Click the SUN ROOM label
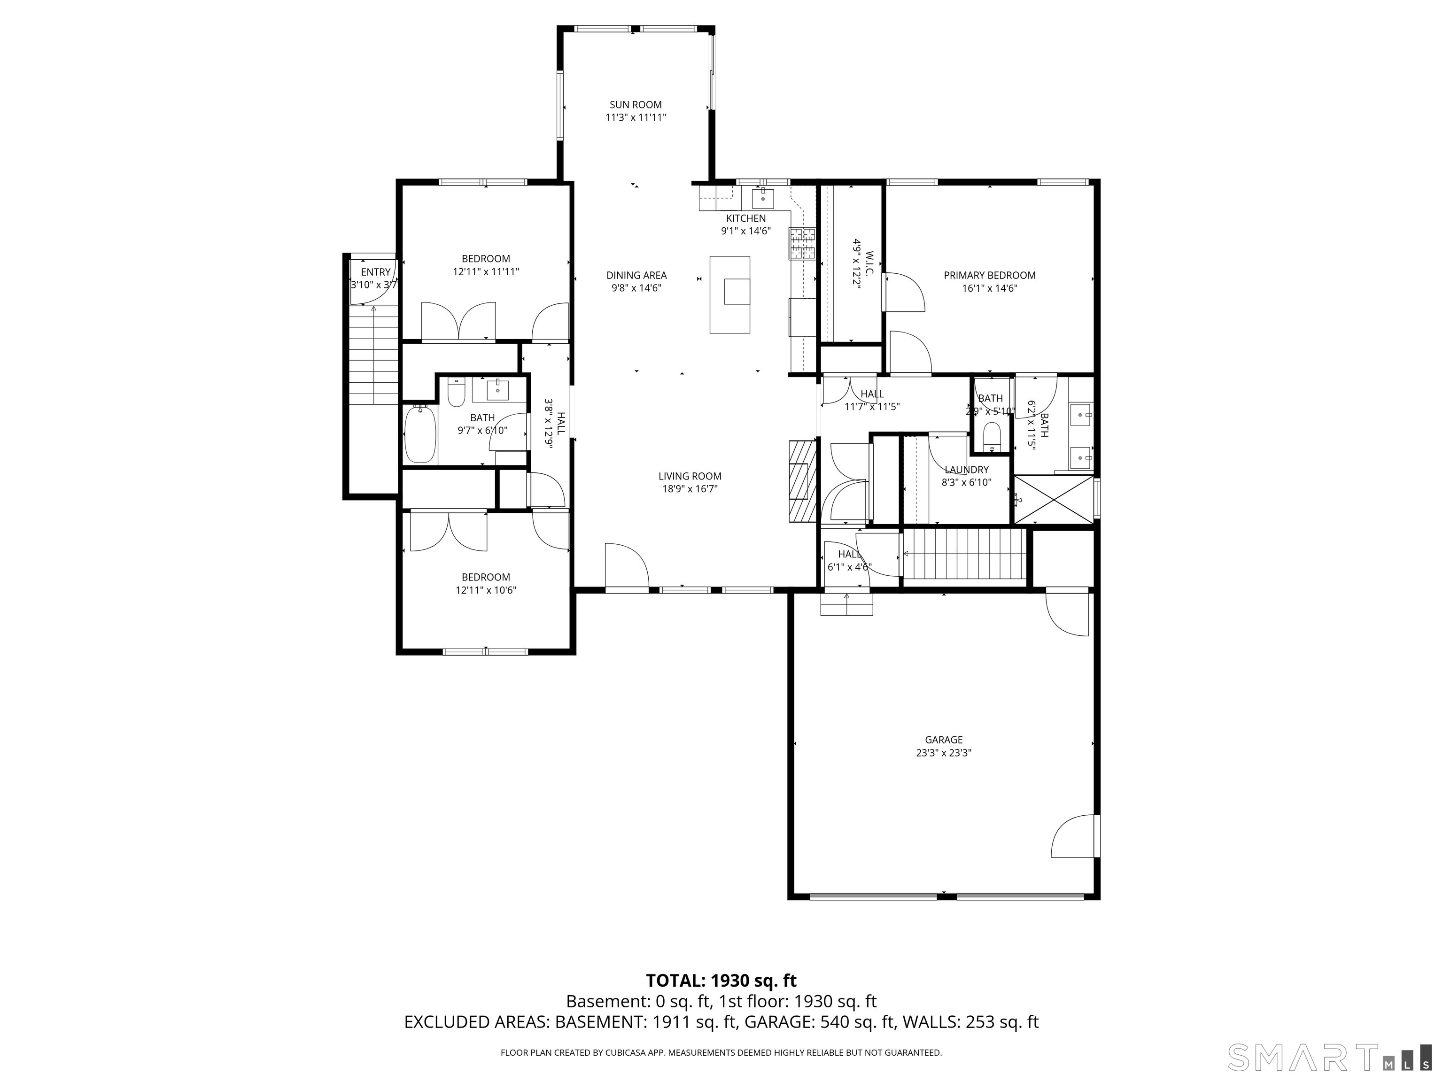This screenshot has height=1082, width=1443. click(636, 104)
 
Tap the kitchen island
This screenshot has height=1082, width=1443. click(729, 295)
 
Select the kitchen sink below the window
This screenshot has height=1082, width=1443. click(762, 197)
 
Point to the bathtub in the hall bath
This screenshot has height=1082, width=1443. click(420, 434)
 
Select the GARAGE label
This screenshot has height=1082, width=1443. click(943, 740)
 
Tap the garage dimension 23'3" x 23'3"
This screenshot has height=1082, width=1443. click(943, 753)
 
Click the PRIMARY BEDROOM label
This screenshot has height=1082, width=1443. click(990, 275)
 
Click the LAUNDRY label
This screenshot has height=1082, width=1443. click(966, 470)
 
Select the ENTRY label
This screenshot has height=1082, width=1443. click(376, 272)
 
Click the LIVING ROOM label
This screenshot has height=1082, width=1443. click(690, 476)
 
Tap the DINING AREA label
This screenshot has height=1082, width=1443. click(636, 275)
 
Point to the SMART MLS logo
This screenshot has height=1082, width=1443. click(1330, 1057)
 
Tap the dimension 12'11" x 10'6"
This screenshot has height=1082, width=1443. click(486, 590)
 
